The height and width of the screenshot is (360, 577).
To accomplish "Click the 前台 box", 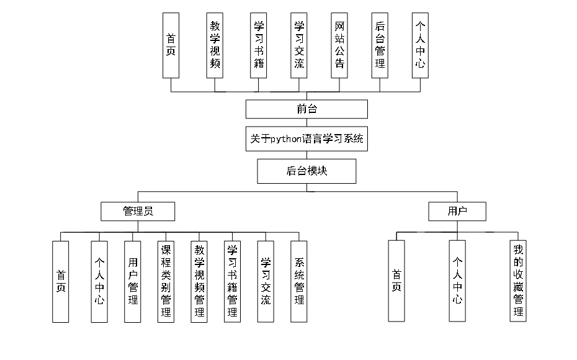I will [x=306, y=109].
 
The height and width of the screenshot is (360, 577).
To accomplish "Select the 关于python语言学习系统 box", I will [x=306, y=140].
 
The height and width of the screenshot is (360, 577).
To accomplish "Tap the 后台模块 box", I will [x=306, y=171].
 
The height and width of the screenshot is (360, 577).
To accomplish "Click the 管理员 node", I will [x=138, y=212].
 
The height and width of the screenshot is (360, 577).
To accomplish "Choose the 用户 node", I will [x=457, y=212].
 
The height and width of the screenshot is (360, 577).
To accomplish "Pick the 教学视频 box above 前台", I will [x=215, y=45].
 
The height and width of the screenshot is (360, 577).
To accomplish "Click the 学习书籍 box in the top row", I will [x=259, y=45].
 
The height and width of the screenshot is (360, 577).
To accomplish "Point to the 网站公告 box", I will [x=339, y=45].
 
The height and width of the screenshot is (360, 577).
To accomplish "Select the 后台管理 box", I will [x=380, y=45].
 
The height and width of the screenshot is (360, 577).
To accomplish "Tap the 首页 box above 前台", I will [x=171, y=45].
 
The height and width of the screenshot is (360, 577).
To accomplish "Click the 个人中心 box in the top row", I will [x=420, y=45].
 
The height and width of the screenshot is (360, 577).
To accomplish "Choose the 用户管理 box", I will [x=132, y=281].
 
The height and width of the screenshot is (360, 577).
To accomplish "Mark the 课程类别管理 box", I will [x=166, y=281].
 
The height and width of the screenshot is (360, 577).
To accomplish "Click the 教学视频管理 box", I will [x=199, y=281].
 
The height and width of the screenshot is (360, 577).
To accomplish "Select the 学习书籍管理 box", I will [x=232, y=281].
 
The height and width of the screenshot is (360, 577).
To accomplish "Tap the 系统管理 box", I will [x=299, y=281].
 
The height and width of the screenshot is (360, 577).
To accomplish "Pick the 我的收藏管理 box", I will [x=518, y=281].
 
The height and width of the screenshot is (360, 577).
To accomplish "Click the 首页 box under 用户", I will [x=396, y=281].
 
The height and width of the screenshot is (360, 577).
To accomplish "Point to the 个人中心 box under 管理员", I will [x=99, y=281].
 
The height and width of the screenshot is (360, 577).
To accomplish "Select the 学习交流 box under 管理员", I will [x=266, y=281].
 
